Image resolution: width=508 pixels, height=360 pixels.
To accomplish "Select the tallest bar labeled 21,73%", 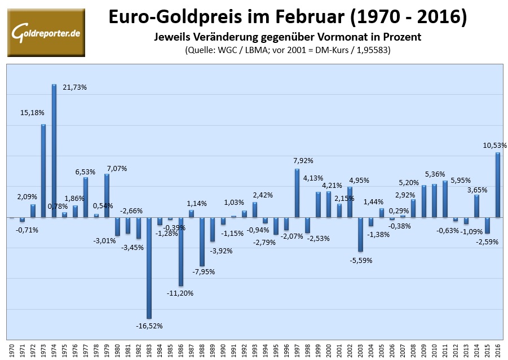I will coord(54,151).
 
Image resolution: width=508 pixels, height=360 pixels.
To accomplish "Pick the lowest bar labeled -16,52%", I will coord(149,267).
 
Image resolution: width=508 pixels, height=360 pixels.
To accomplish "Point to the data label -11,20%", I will coord(180,293).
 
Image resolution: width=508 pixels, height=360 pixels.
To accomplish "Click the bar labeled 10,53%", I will coord(498,185).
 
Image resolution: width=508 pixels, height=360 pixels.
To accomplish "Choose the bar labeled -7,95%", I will coord(202,242).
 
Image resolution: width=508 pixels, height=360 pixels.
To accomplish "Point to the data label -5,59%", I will coord(361,260).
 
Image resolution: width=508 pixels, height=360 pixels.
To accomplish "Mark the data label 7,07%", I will coord(116,168).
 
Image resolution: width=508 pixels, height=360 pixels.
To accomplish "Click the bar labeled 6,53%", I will coord(86,197).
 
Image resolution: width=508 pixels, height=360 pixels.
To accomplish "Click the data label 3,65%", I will coord(476,190).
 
